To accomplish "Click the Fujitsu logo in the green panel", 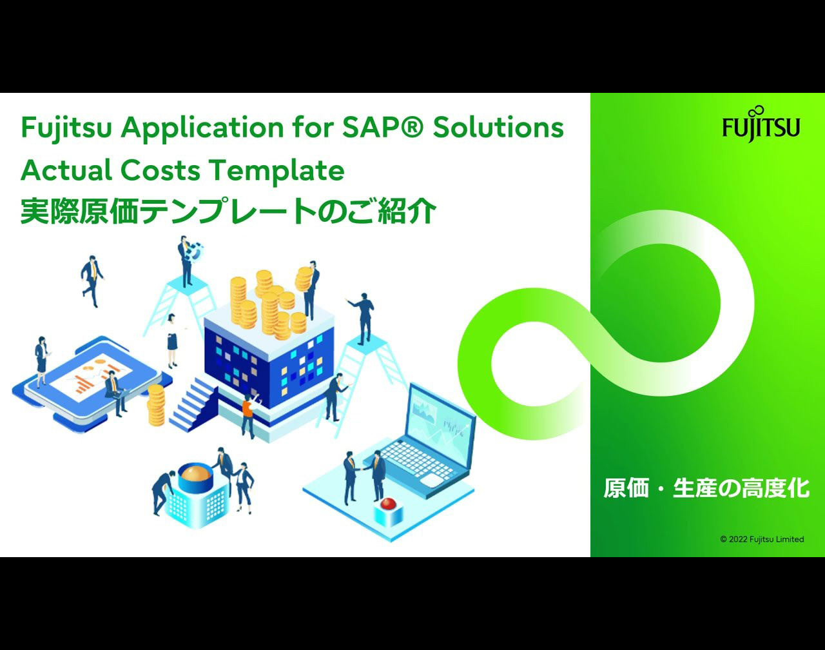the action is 761,124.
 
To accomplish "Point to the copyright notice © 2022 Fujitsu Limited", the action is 762,539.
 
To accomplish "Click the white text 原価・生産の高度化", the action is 706,488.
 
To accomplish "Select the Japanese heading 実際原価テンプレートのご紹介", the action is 228,211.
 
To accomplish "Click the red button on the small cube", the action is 389,504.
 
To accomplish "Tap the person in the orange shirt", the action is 249,416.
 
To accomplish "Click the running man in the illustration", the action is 92,281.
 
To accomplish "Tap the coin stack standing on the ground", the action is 156,405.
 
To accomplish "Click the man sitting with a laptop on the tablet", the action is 116,392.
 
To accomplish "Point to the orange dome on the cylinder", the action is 195,473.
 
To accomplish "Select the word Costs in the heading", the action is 160,170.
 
